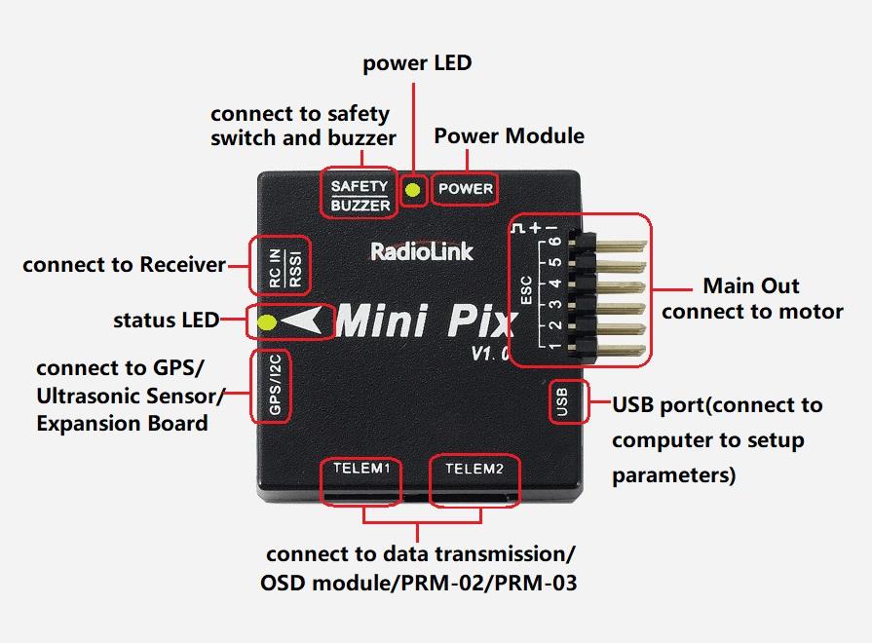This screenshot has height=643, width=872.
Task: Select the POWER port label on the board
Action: tap(465, 189)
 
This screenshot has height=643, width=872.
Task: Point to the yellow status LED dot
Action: tap(265, 321)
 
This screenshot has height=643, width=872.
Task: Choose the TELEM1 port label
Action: tap(360, 469)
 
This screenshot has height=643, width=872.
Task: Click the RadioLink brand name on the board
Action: tap(422, 251)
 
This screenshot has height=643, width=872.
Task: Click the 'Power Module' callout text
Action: tap(509, 135)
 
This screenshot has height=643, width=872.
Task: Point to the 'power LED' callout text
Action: tap(417, 63)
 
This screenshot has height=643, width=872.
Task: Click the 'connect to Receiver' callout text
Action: tap(124, 264)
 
